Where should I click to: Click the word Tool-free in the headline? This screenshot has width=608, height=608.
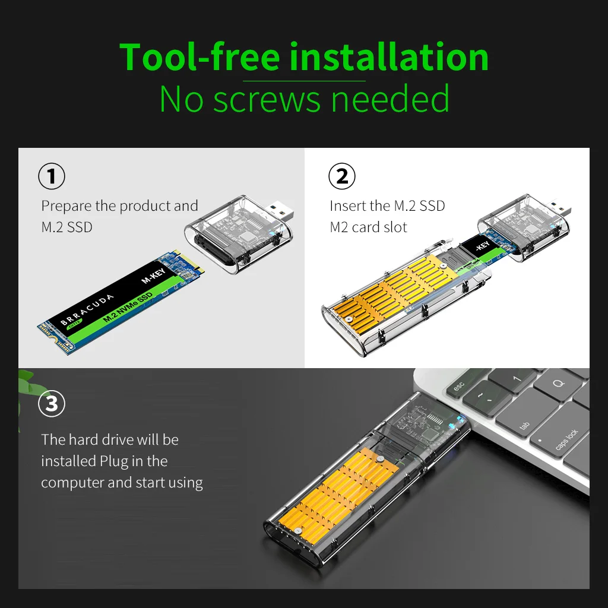point(199,57)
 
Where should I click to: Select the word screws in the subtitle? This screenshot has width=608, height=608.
point(267,100)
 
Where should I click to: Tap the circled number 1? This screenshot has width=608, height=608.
point(52,176)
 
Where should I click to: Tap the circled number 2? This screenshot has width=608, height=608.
point(341,176)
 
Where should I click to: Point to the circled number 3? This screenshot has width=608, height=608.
point(52,404)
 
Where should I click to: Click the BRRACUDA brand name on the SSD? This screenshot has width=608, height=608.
point(87,309)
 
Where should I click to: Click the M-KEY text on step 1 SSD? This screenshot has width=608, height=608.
point(154,275)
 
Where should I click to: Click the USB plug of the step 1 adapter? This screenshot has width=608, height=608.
point(280,210)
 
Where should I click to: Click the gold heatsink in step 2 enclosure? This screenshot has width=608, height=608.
point(392,294)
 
